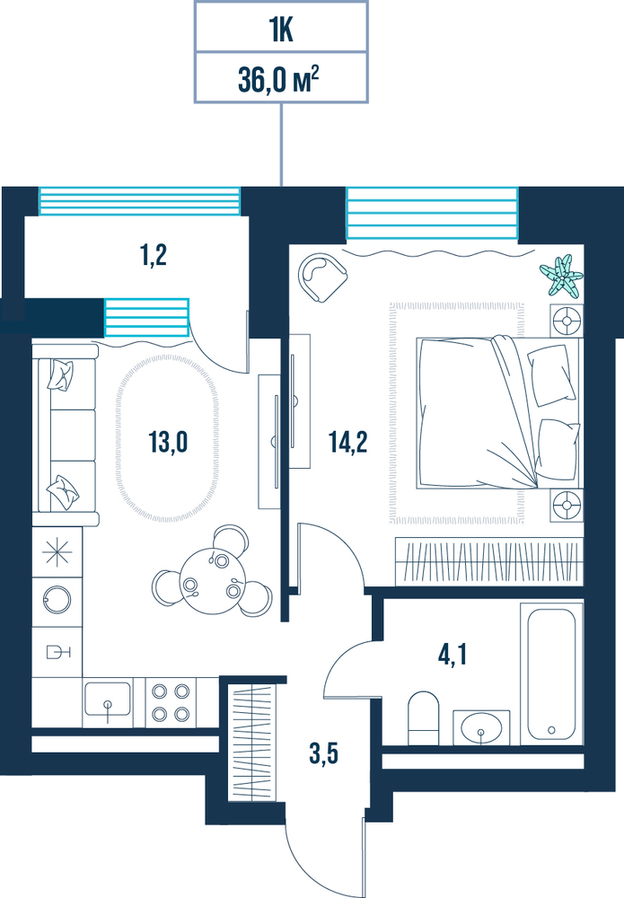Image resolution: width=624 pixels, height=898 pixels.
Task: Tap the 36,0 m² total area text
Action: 278,80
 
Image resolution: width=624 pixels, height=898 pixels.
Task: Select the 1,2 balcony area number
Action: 154,255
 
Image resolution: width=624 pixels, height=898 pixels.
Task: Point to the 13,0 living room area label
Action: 168,442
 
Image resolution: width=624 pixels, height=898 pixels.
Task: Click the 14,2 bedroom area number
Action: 348,442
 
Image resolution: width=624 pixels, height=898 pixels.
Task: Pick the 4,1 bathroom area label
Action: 453,655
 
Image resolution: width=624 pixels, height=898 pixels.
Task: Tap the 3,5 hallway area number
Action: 323,753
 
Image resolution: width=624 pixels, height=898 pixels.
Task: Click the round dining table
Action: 212,581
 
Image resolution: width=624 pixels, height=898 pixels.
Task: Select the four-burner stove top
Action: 171,703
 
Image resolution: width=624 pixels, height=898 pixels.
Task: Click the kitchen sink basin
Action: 108,700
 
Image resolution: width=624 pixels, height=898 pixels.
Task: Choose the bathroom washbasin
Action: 481,728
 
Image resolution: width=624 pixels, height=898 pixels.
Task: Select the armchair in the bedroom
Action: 322,277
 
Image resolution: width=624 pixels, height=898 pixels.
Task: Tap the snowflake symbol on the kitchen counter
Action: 57,552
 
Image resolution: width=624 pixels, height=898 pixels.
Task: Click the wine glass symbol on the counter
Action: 57,652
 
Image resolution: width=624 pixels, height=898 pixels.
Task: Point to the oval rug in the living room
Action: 167,438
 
